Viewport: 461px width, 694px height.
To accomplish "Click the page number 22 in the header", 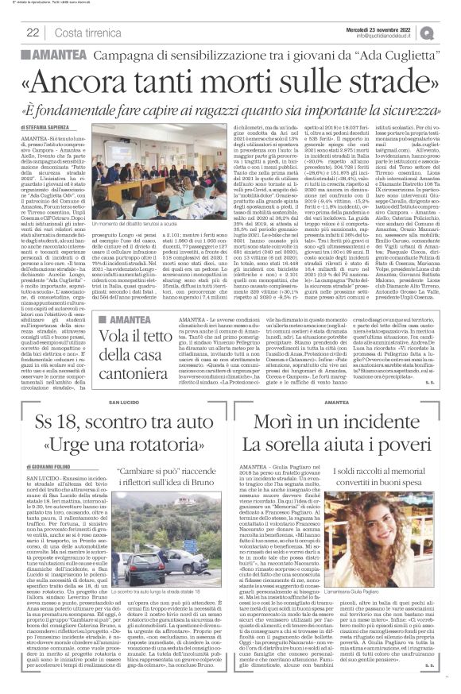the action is (x=34, y=32).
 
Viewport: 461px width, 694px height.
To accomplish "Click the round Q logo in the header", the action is (x=449, y=32).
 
